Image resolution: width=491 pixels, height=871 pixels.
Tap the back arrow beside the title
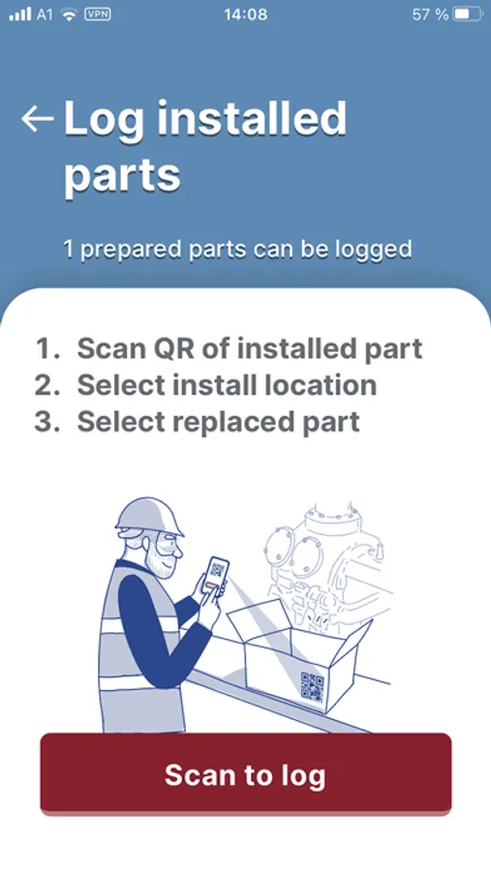[x=37, y=118]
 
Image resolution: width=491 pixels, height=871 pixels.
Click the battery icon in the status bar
[x=468, y=15]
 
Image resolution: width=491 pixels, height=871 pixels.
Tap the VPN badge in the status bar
[x=97, y=14]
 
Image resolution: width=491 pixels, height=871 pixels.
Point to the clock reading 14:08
[x=245, y=15]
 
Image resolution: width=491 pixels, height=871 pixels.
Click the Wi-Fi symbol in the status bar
[x=69, y=15]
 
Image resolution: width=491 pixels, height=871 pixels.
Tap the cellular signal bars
[x=20, y=15]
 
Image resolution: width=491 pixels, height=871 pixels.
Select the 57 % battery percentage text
[x=430, y=15]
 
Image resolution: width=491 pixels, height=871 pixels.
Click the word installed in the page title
[x=253, y=118]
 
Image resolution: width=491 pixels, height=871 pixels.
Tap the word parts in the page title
[x=122, y=175]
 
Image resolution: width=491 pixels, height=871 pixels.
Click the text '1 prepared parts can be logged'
[x=237, y=250]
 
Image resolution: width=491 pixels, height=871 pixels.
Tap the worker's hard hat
[x=148, y=517]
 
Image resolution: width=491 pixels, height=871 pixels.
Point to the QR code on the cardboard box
[x=312, y=687]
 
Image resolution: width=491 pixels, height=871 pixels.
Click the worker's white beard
[x=157, y=561]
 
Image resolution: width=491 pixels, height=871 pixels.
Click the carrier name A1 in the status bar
[x=45, y=15]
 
